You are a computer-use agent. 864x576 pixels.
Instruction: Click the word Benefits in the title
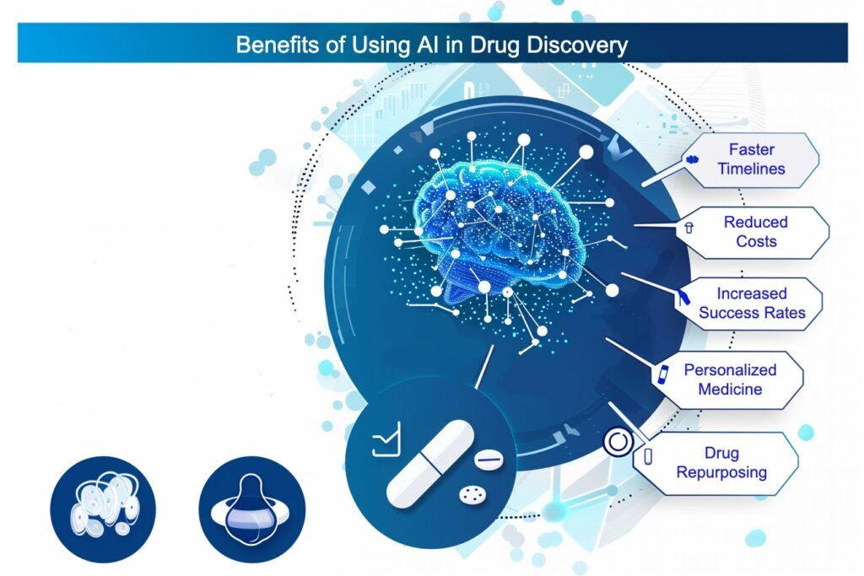[x=271, y=44]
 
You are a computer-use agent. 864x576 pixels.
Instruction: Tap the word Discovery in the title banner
[x=580, y=44]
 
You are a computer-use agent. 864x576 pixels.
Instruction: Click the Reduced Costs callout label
[x=755, y=232]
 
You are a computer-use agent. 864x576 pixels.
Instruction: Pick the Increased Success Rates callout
[x=751, y=304]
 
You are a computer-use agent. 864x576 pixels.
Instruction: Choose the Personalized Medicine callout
[x=730, y=380]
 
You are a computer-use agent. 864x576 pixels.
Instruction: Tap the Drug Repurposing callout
[x=721, y=462]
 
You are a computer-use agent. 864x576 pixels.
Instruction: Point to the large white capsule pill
[x=429, y=463]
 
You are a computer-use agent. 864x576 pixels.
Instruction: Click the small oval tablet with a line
[x=489, y=460]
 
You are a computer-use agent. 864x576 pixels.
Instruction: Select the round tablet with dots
[x=468, y=495]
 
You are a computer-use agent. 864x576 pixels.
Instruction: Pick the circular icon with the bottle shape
[x=251, y=510]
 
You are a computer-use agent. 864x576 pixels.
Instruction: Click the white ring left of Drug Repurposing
[x=618, y=443]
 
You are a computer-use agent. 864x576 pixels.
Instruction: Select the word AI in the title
[x=420, y=44]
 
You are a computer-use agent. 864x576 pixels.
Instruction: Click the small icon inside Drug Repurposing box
[x=648, y=456]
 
